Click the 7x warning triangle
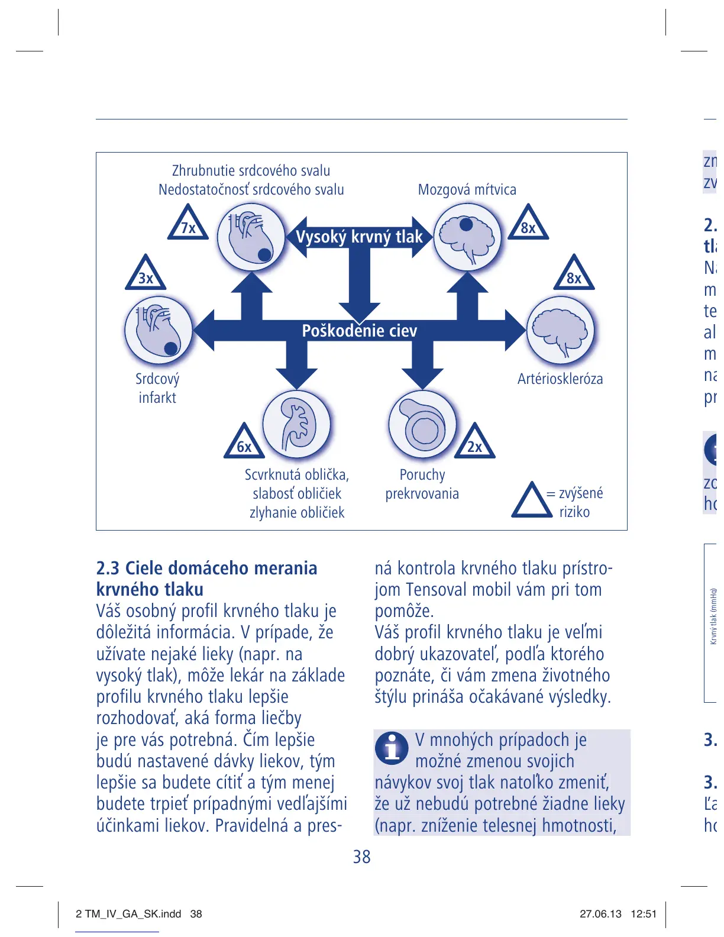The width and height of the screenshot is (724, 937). (188, 225)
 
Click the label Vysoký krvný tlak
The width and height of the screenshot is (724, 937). (359, 237)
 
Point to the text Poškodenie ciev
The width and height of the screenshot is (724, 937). (359, 331)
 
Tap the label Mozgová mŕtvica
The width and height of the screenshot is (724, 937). (467, 190)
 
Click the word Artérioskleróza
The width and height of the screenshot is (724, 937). (560, 379)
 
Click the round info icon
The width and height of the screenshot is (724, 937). (391, 748)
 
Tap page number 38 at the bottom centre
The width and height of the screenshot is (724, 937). (361, 857)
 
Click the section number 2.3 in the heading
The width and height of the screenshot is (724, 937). (108, 568)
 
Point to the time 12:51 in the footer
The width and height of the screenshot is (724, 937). (644, 914)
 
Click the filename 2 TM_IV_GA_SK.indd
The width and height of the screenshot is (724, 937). (128, 914)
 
